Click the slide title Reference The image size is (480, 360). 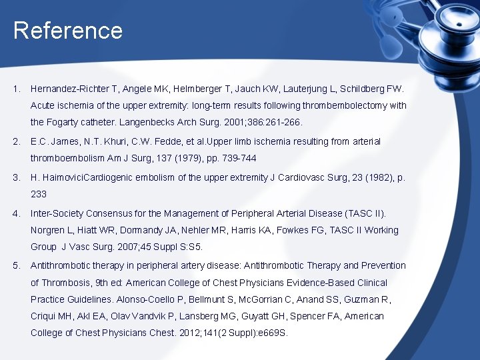(67, 31)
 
